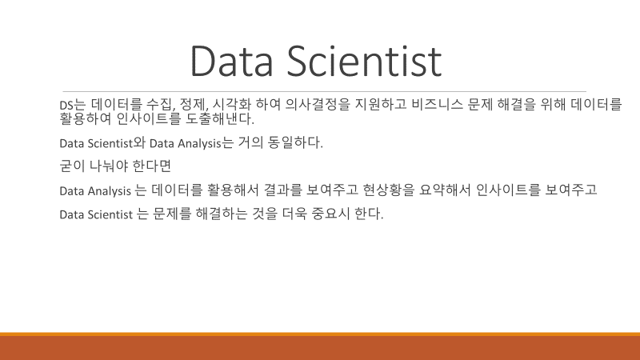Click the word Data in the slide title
(x=231, y=62)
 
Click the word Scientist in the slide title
(x=365, y=62)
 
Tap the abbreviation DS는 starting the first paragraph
(x=73, y=105)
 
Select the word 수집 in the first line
(x=161, y=105)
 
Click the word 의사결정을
(x=318, y=105)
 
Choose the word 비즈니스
(x=437, y=105)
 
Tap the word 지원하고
(x=381, y=105)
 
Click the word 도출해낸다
(x=220, y=118)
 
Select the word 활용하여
(x=86, y=118)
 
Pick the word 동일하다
(x=295, y=142)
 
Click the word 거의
(x=250, y=142)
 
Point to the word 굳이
(x=72, y=166)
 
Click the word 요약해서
(x=445, y=190)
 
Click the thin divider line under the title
(x=325, y=91)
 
